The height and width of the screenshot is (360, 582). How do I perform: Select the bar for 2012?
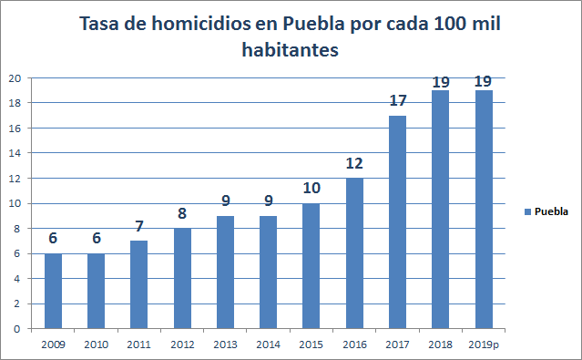[183, 278]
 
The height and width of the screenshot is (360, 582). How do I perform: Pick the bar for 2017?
[398, 221]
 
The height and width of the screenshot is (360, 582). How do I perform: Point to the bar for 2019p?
[484, 210]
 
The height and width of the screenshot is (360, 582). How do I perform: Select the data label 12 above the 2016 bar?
[355, 165]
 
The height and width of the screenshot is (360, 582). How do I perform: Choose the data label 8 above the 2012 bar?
[183, 215]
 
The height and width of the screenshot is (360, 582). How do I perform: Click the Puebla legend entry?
[546, 211]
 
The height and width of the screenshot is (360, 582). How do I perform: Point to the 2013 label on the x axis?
[226, 345]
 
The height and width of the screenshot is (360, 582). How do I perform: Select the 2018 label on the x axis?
[441, 345]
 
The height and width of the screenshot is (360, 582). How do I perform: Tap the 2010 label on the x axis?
[97, 345]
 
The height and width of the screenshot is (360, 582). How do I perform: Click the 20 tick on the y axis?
[15, 78]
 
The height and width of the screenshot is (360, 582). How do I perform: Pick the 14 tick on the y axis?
[15, 153]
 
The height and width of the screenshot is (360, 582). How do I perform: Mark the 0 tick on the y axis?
[18, 329]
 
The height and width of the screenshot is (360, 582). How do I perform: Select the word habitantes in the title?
[291, 51]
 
